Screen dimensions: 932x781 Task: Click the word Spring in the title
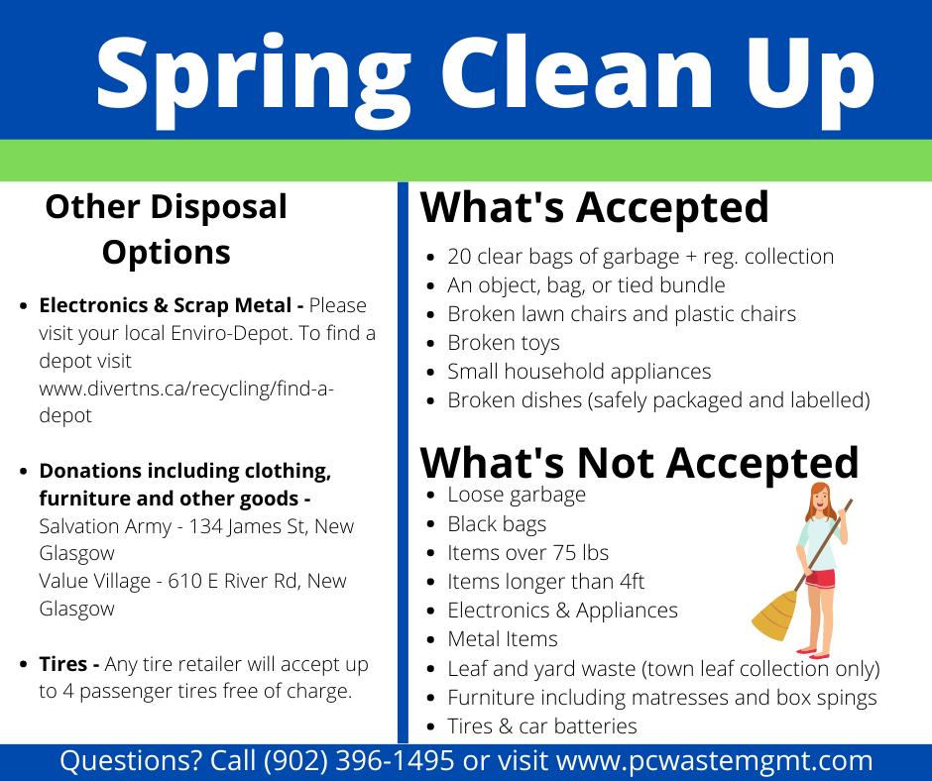(254, 79)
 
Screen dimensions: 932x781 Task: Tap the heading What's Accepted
(594, 207)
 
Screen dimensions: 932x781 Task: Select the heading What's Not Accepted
(639, 463)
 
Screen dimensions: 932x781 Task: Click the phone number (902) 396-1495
(359, 761)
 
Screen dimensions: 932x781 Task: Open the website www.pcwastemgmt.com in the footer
(714, 761)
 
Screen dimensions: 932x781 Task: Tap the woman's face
(820, 500)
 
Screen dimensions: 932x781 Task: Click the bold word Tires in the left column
(63, 664)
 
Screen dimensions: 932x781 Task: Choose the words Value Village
(94, 581)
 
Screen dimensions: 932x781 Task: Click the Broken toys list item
(504, 343)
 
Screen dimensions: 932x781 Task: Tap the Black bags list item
(497, 524)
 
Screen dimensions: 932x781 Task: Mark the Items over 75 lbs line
(527, 553)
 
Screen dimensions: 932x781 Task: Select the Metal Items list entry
(503, 639)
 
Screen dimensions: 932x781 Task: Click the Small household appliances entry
(579, 372)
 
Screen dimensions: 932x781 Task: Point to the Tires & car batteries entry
(542, 726)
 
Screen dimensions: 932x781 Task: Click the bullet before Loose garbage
(431, 496)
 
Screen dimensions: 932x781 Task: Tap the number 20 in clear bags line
(459, 257)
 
